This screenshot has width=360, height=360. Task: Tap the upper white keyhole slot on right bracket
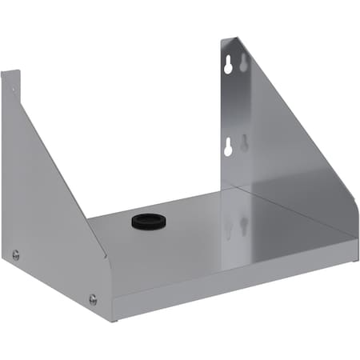click(228, 67)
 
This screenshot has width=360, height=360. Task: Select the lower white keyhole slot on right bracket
click(227, 146)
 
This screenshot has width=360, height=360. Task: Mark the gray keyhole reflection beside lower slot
click(245, 142)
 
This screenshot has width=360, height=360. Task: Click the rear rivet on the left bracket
click(15, 255)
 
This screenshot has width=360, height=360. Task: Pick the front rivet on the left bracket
click(93, 300)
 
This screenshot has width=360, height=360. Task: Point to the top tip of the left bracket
click(10, 72)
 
